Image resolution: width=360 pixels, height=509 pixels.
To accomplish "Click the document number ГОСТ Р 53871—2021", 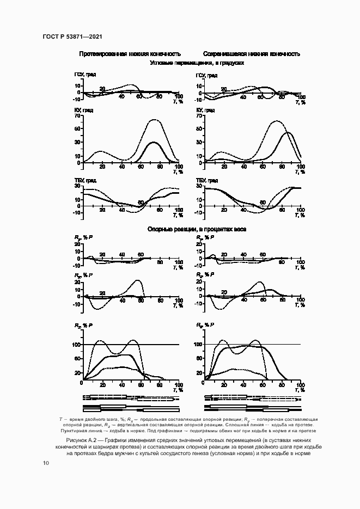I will [x=72, y=36].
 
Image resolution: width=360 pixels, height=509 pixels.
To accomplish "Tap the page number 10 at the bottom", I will [x=45, y=463].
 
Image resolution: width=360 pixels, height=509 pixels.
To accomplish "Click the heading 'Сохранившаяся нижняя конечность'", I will [x=252, y=54].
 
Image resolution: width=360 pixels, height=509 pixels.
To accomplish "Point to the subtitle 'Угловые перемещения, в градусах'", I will [x=197, y=63].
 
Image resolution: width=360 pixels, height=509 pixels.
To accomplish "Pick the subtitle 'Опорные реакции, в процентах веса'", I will [x=197, y=229].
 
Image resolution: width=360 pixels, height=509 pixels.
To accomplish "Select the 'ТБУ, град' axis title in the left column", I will [x=86, y=180].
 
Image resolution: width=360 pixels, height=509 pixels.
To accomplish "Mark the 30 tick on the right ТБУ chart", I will [x=200, y=187].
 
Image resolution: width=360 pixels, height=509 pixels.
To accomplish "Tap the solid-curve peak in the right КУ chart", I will [x=288, y=132].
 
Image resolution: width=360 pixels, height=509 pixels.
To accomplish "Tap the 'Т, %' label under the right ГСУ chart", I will [x=300, y=102].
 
